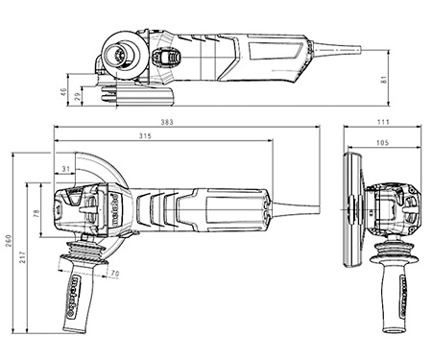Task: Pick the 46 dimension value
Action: (63, 93)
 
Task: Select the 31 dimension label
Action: (65, 169)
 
